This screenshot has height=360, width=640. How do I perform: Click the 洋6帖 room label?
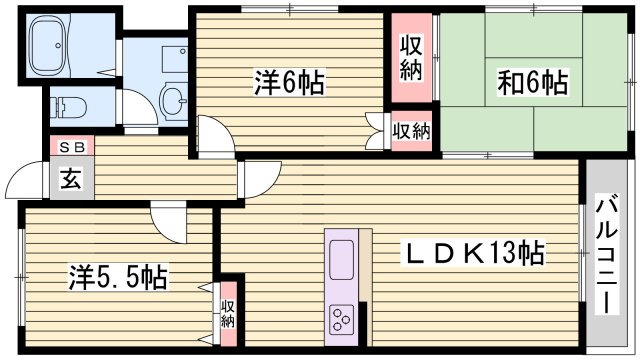[x=288, y=85]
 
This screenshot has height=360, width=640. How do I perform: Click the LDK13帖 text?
[x=473, y=252]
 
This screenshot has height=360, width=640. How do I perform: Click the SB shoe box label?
[x=71, y=147]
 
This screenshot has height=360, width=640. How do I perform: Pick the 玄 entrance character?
[x=71, y=181]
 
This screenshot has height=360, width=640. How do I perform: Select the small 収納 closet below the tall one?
[x=412, y=130]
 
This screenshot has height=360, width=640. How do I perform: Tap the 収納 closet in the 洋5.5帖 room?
[x=227, y=314]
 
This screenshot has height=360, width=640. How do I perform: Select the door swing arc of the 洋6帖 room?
[x=214, y=136]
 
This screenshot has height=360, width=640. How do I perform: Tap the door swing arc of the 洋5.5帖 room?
[x=162, y=218]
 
